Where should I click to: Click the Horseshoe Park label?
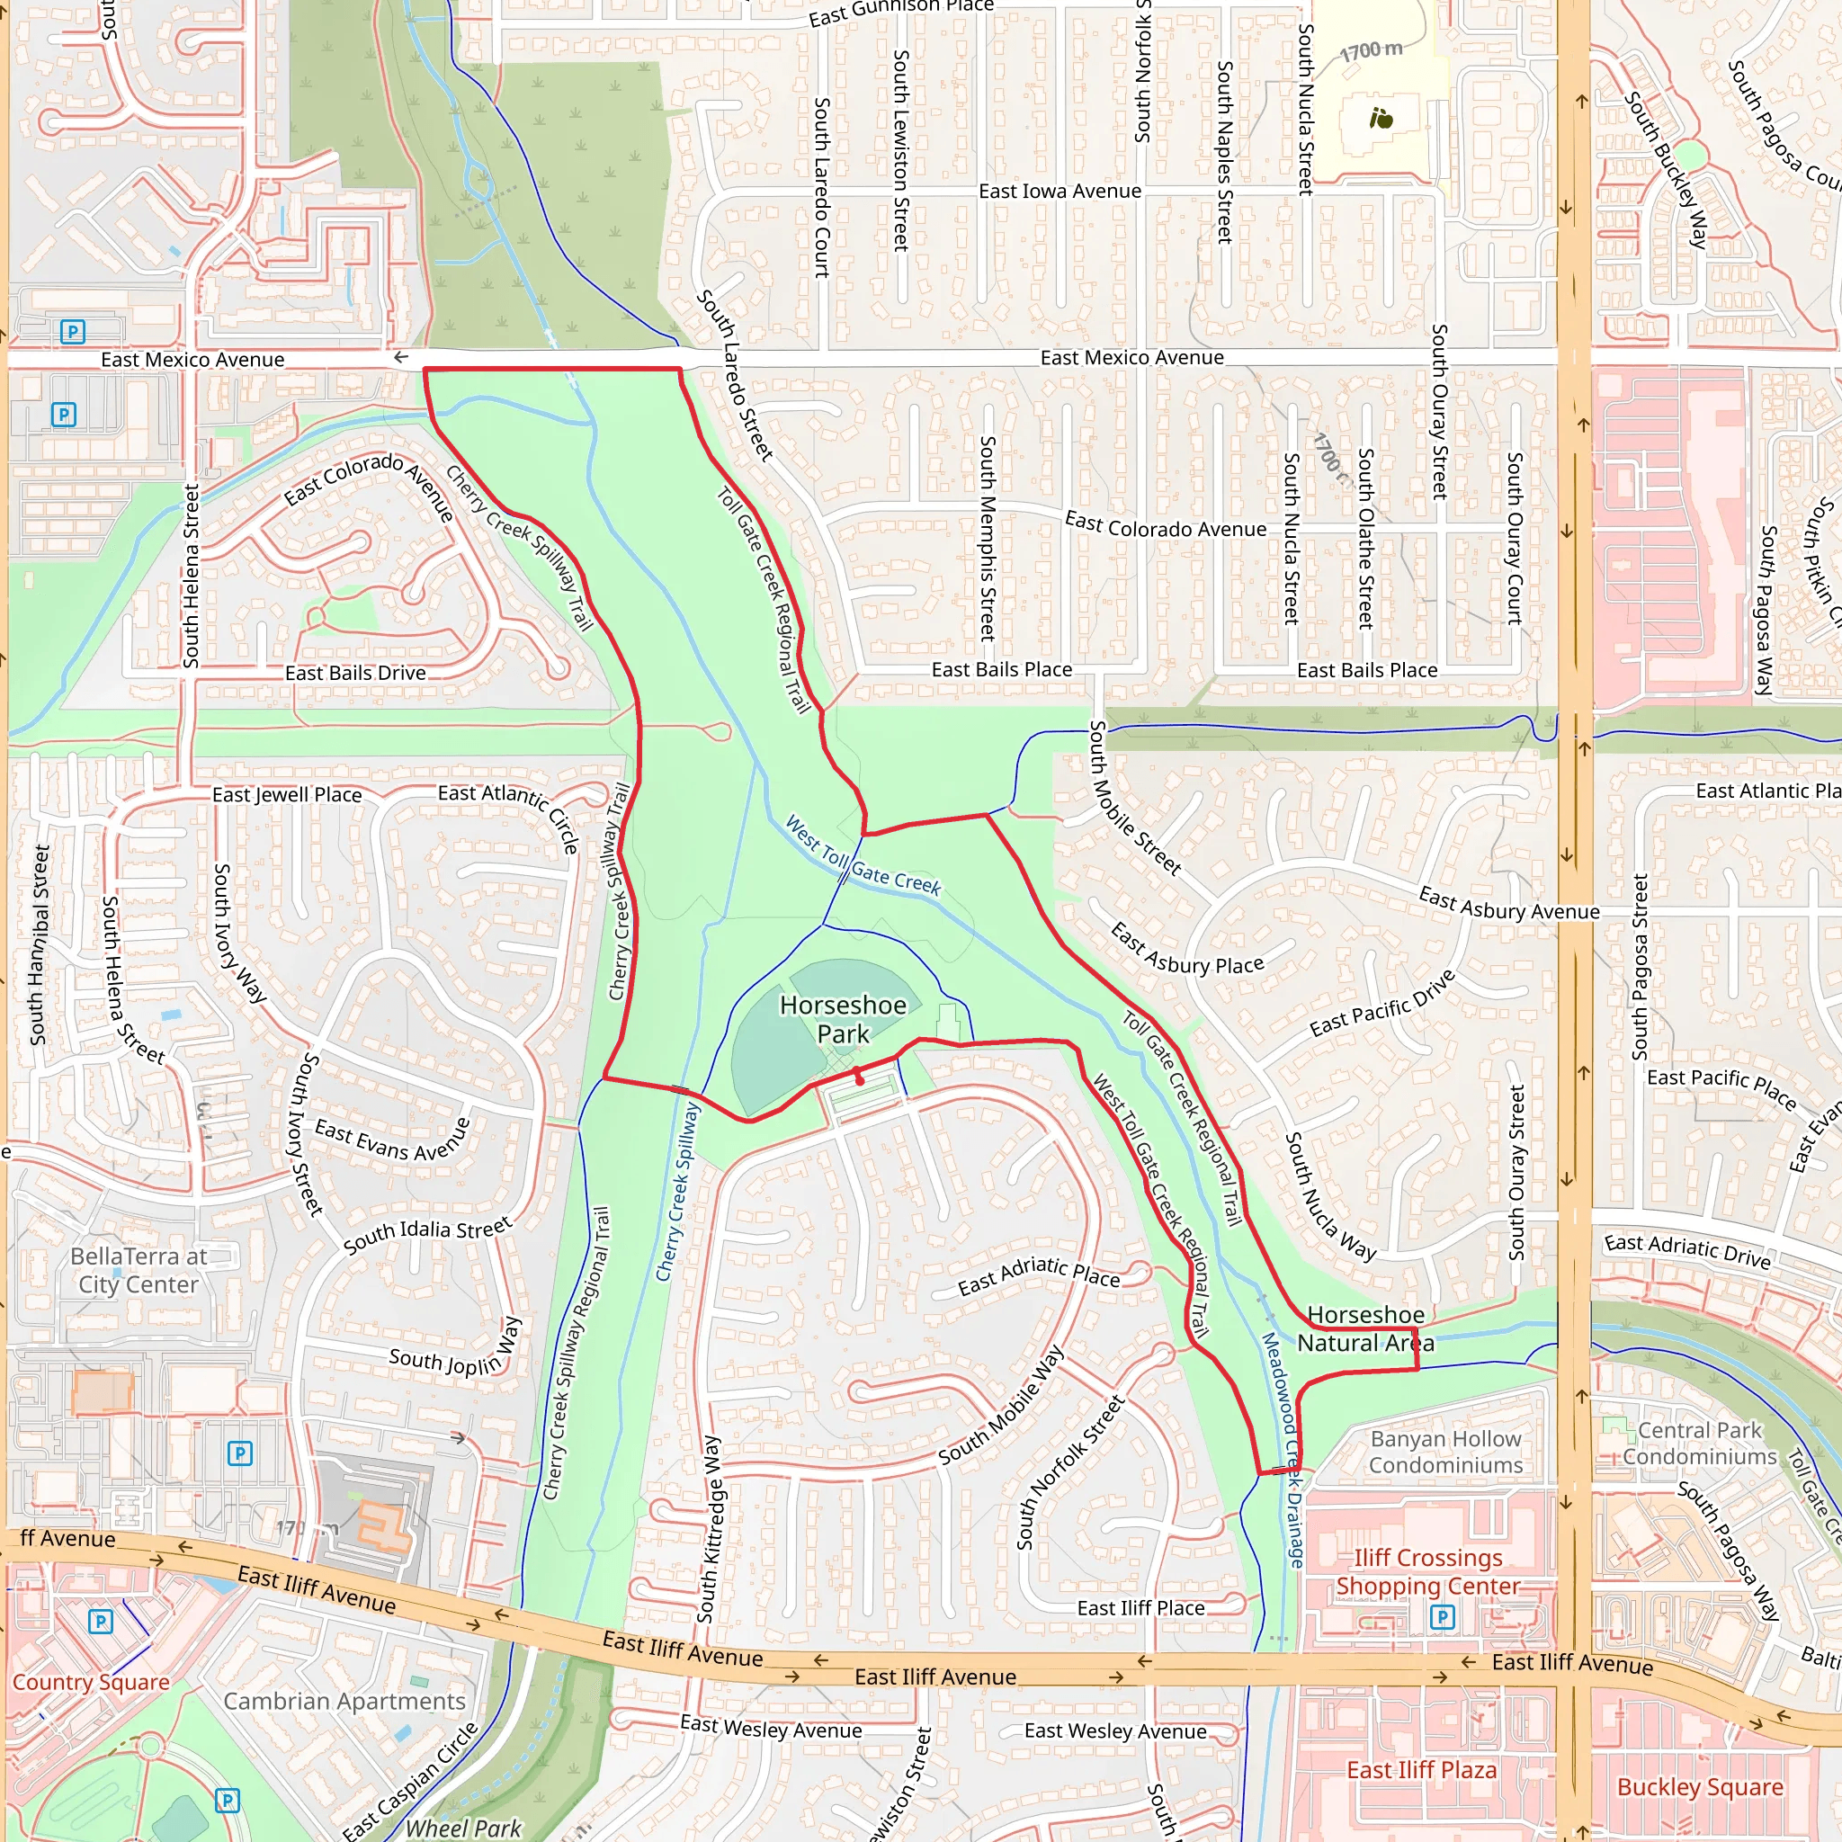pos(843,1019)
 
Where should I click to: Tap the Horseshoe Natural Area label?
pos(1365,1329)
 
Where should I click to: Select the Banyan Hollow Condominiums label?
pos(1445,1451)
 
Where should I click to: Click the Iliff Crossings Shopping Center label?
pos(1427,1571)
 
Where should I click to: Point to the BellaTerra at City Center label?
pos(139,1270)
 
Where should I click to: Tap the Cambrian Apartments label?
pos(344,1701)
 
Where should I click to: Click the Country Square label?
pos(91,1682)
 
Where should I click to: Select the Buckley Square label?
pos(1700,1787)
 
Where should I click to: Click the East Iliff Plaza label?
pos(1420,1769)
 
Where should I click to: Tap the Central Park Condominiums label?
pos(1700,1444)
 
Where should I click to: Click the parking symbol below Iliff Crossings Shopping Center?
pos(1443,1616)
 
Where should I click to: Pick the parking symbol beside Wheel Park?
pos(227,1800)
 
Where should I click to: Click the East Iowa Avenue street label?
pos(1060,191)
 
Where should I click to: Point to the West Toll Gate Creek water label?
pos(862,855)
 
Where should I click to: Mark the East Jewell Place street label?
pos(287,794)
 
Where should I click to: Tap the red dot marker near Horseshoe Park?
pos(860,1080)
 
